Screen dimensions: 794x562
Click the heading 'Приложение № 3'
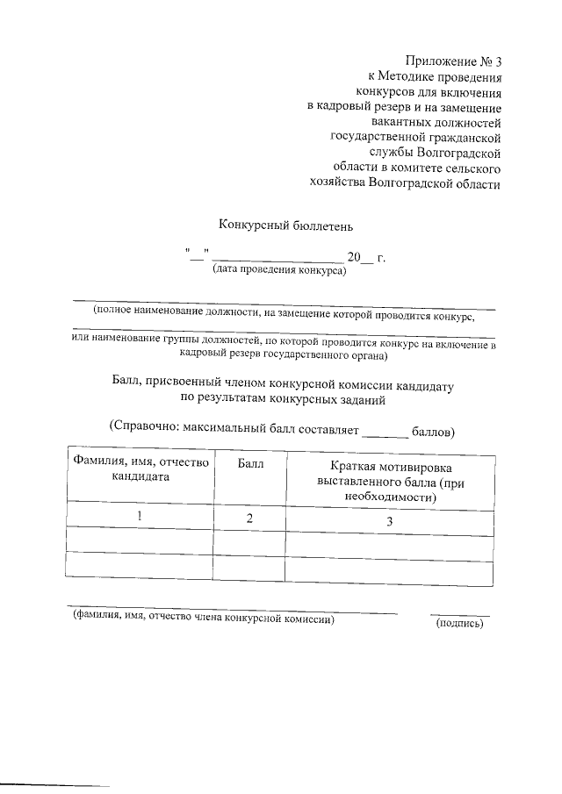[452, 61]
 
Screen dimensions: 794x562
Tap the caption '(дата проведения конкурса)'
[279, 271]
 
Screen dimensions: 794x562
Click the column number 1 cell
[140, 518]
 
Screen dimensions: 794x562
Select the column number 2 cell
[249, 519]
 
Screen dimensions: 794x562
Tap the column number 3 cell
[390, 522]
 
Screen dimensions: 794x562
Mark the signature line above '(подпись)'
[459, 614]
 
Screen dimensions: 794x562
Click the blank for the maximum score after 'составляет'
[385, 432]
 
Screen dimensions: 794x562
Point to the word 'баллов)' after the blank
[432, 432]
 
